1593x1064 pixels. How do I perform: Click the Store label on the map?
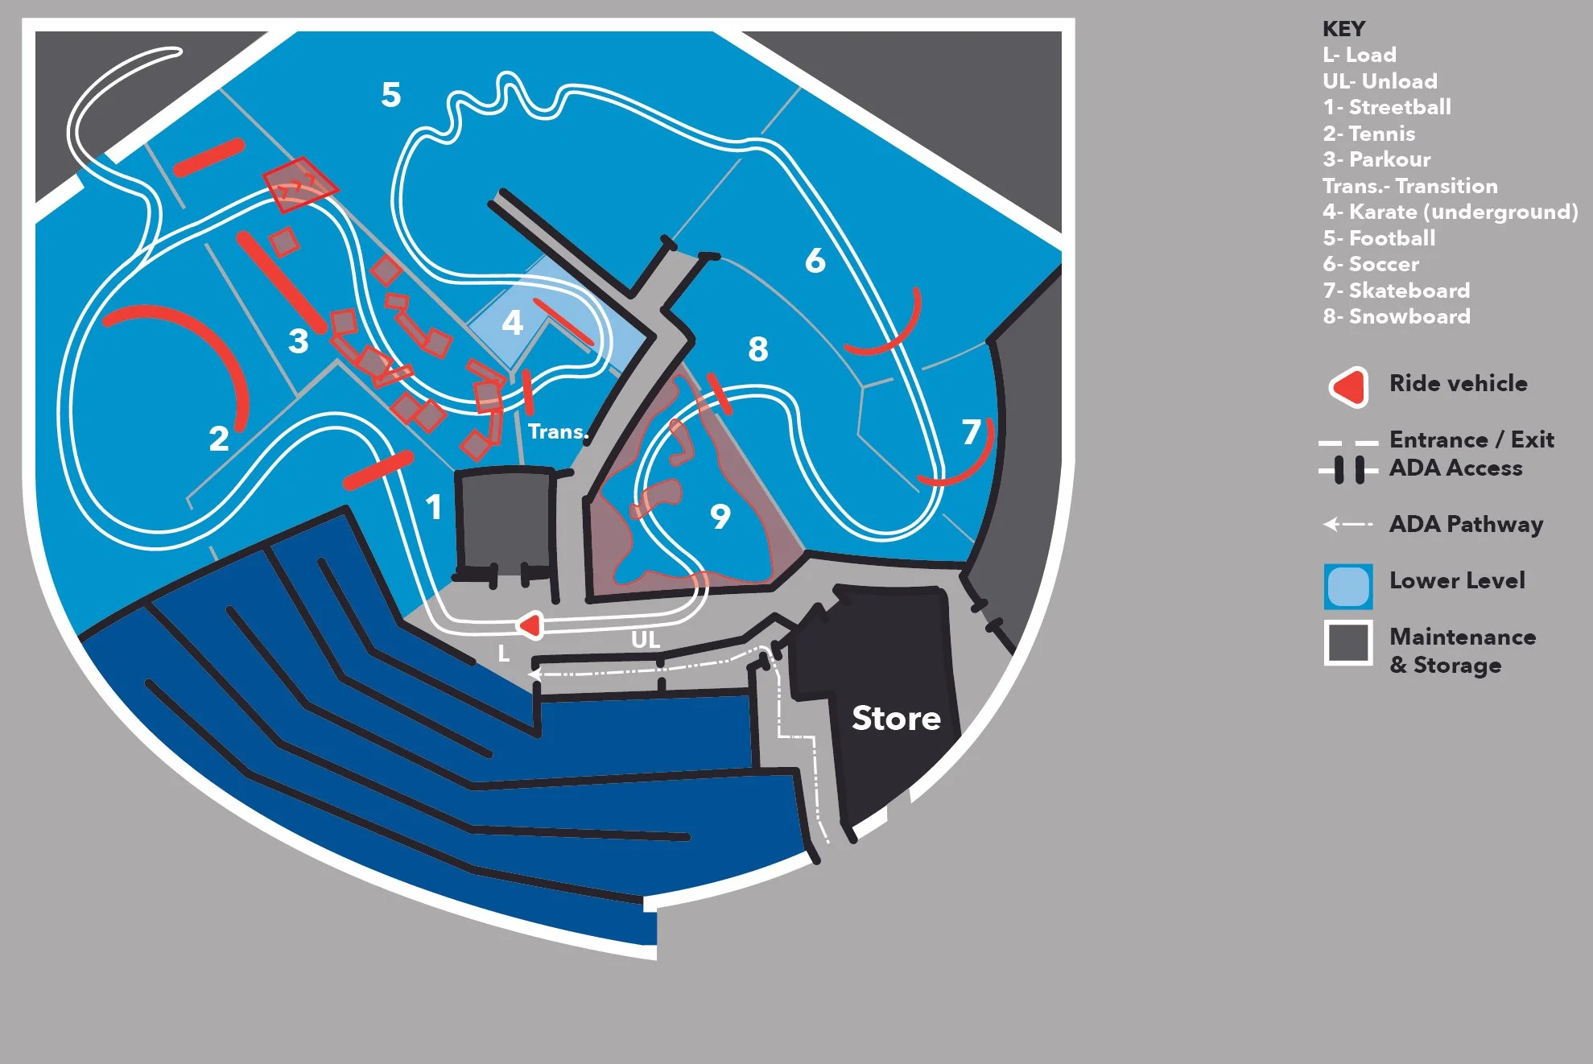pyautogui.click(x=896, y=718)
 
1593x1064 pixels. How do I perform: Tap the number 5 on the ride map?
pyautogui.click(x=391, y=95)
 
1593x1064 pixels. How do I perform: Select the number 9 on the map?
pyautogui.click(x=720, y=516)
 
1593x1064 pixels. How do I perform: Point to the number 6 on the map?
pyautogui.click(x=815, y=261)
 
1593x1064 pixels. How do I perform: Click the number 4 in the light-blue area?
pyautogui.click(x=512, y=323)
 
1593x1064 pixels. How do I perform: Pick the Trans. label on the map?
pyautogui.click(x=558, y=431)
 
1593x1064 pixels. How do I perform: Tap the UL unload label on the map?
pyautogui.click(x=646, y=640)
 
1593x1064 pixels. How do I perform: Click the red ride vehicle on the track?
pyautogui.click(x=531, y=625)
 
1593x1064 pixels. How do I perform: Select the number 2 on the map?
pyautogui.click(x=219, y=439)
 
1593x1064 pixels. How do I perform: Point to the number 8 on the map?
pyautogui.click(x=757, y=349)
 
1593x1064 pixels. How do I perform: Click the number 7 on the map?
pyautogui.click(x=972, y=432)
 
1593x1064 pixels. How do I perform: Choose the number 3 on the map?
pyautogui.click(x=299, y=341)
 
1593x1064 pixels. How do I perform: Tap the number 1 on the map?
pyautogui.click(x=434, y=507)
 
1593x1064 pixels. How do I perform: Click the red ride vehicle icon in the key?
pyautogui.click(x=1350, y=387)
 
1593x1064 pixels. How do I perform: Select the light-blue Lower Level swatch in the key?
pyautogui.click(x=1348, y=586)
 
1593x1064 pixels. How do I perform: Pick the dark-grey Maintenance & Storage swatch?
pyautogui.click(x=1348, y=643)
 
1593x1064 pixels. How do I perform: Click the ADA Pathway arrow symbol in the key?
pyautogui.click(x=1347, y=525)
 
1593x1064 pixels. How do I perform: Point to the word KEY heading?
pyautogui.click(x=1343, y=29)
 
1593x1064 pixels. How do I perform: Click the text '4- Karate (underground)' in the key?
pyautogui.click(x=1450, y=212)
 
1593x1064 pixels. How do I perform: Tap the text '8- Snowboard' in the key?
pyautogui.click(x=1397, y=316)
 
